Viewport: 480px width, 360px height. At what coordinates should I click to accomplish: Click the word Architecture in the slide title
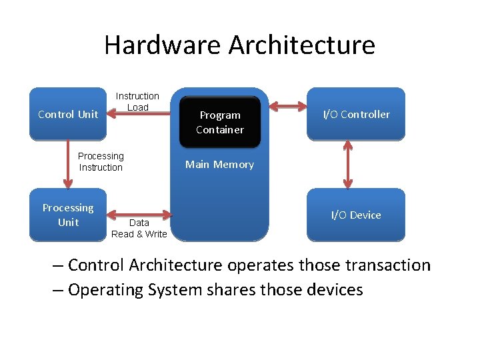tap(302, 45)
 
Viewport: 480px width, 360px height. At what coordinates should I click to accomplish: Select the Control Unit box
tap(67, 114)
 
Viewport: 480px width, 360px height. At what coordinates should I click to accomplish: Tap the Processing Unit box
tap(67, 215)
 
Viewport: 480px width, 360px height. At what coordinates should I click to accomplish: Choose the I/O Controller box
tap(356, 114)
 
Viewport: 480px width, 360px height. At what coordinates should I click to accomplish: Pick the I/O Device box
tap(356, 215)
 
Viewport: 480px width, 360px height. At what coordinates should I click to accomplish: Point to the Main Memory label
tap(219, 165)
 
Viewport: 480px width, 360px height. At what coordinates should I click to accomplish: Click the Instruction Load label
tap(137, 101)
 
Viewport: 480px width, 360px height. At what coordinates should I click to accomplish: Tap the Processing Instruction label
tap(101, 161)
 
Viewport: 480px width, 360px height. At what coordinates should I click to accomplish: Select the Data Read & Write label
tap(139, 228)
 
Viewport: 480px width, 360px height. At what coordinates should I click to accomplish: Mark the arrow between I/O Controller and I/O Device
tap(347, 164)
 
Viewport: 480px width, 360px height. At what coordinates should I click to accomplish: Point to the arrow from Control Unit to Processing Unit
tap(67, 164)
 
